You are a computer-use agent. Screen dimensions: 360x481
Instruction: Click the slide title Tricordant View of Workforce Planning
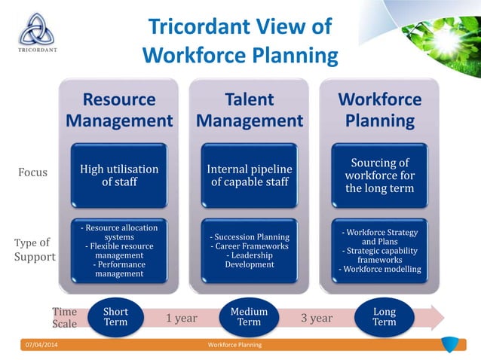point(240,41)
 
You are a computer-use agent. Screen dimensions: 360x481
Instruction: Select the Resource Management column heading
point(119,110)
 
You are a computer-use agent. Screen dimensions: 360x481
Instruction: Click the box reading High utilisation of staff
point(119,175)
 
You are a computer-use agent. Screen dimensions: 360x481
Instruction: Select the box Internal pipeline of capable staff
point(250,175)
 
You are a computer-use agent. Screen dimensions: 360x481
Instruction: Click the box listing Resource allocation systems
point(119,251)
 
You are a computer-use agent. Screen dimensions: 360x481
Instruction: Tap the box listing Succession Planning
point(250,251)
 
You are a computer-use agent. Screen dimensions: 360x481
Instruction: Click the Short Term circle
point(115,318)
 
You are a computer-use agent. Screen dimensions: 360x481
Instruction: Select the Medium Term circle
point(249,318)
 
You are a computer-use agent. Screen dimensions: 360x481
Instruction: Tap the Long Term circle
point(384,318)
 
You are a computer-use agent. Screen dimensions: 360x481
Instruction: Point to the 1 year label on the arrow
point(182,318)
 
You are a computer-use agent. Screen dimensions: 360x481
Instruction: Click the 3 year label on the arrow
point(317,318)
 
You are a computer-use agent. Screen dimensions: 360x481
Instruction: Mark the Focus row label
point(32,172)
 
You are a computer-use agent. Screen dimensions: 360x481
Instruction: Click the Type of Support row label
point(35,249)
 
